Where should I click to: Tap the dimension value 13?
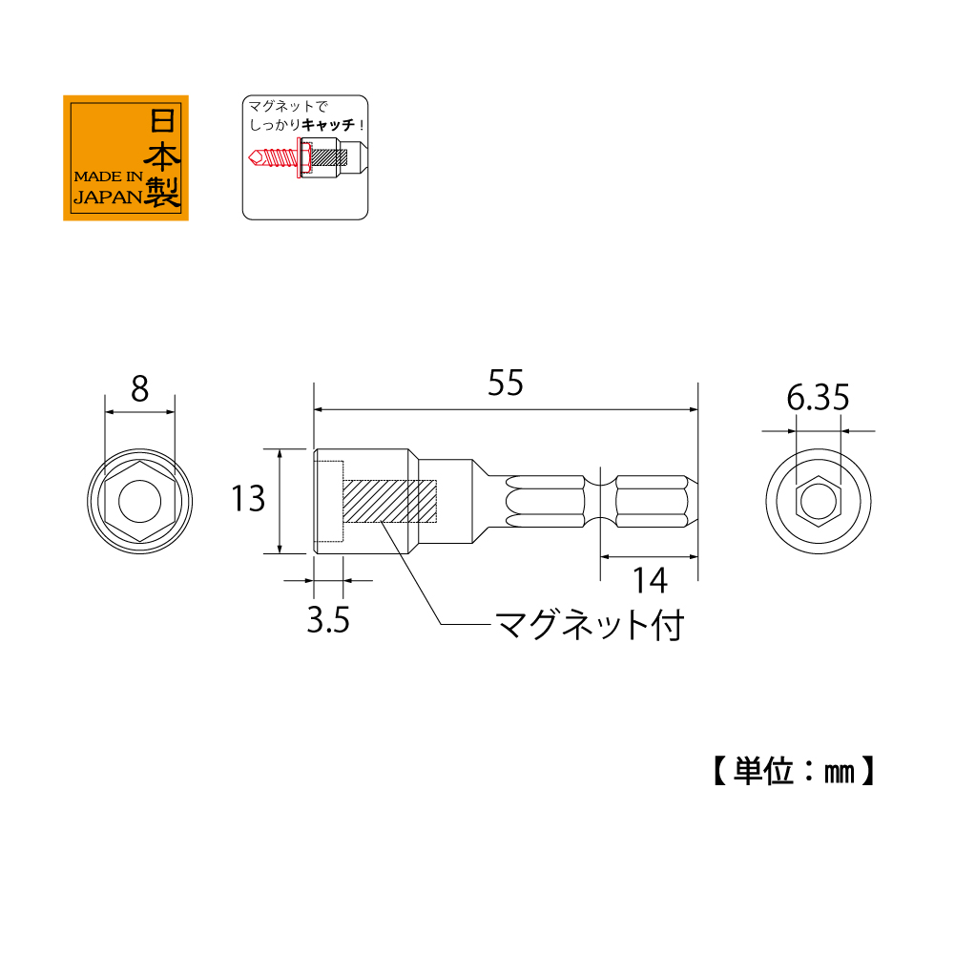[x=248, y=498]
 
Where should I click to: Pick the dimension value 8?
[x=140, y=389]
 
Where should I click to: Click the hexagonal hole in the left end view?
[x=140, y=501]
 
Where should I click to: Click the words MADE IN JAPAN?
[x=107, y=188]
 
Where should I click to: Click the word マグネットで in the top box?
[x=280, y=106]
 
